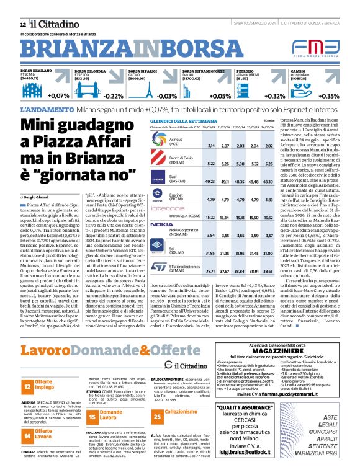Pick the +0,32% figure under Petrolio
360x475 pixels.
pyautogui.click(x=275, y=96)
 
